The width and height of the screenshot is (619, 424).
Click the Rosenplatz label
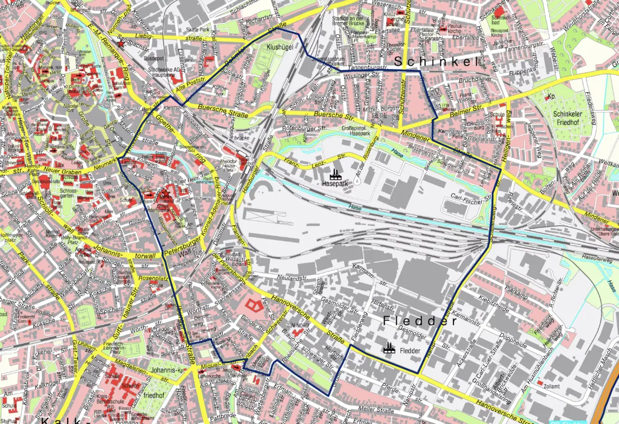click(153, 279)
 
